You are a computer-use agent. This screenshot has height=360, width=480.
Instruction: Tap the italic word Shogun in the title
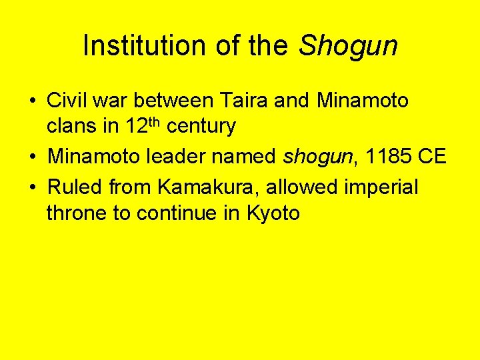[348, 46]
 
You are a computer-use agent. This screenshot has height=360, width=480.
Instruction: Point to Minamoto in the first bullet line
[363, 101]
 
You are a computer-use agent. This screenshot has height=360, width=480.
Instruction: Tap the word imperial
[381, 188]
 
